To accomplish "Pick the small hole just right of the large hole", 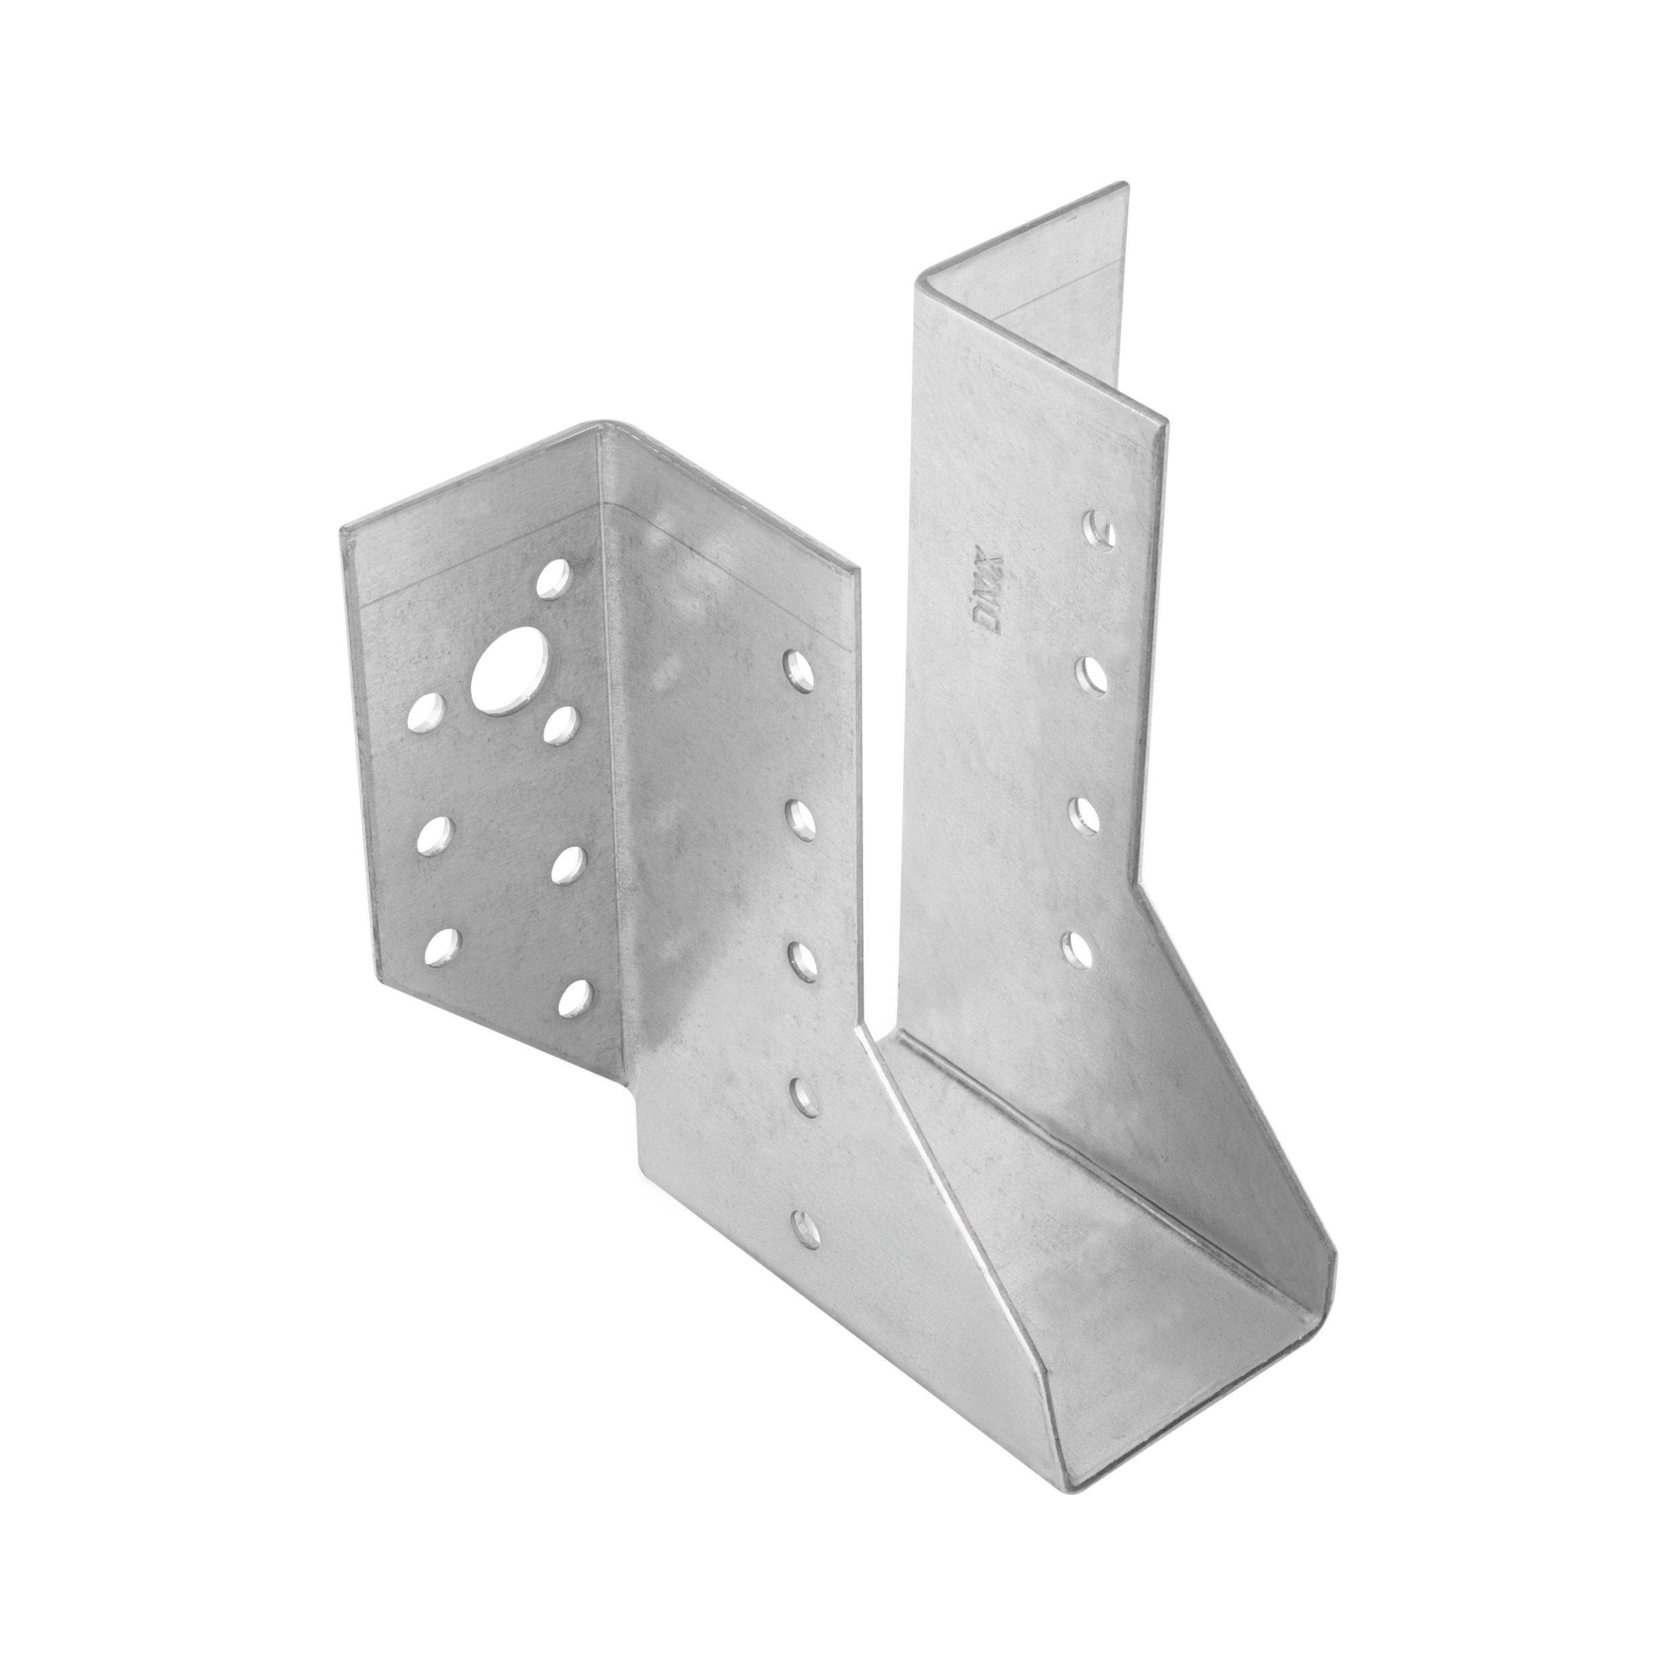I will coord(564,723).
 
